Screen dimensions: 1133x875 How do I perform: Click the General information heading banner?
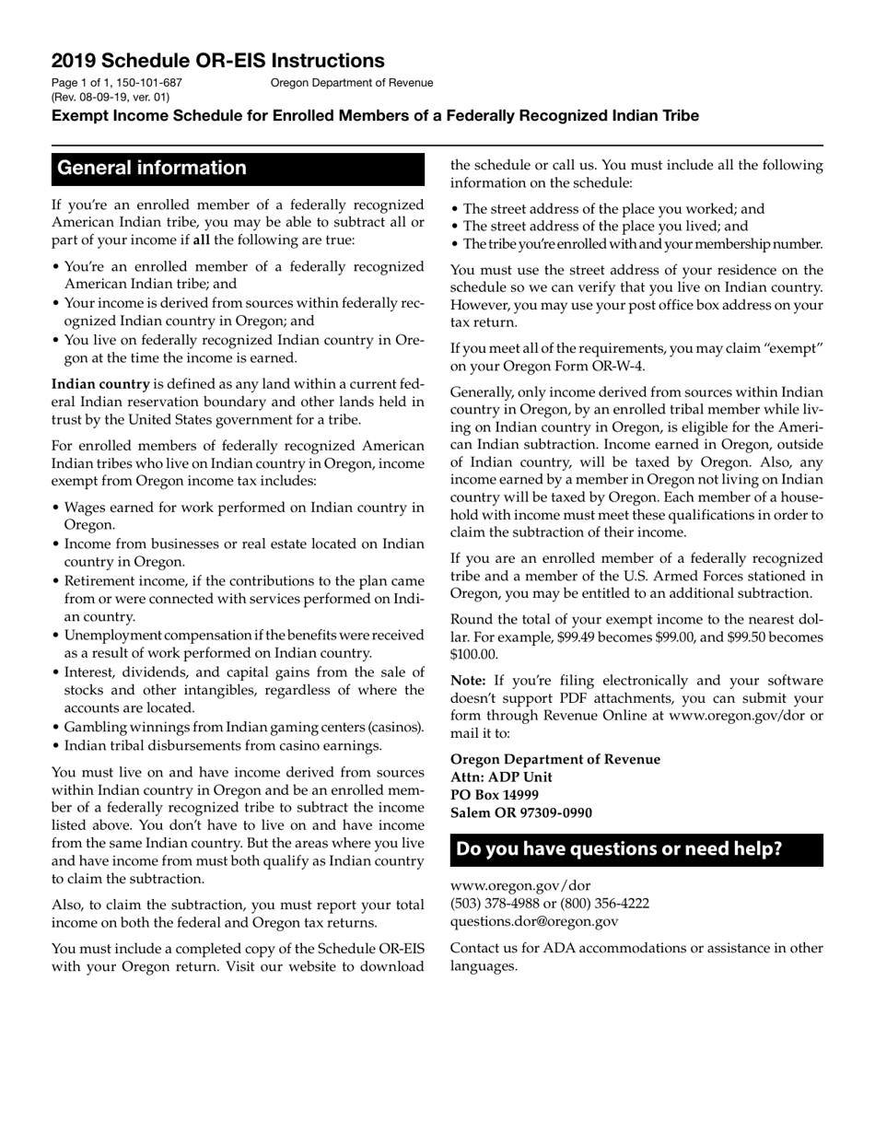click(238, 169)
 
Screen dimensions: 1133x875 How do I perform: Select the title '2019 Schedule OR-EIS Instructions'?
click(218, 61)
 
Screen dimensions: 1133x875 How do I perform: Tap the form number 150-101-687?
click(148, 83)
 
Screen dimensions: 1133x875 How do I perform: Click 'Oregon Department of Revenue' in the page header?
click(351, 83)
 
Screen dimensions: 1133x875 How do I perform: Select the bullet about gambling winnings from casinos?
click(243, 727)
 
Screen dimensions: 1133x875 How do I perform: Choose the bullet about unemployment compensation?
click(243, 644)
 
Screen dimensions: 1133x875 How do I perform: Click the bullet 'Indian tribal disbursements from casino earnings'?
click(222, 745)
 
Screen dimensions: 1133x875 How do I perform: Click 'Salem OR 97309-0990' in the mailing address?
click(520, 813)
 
